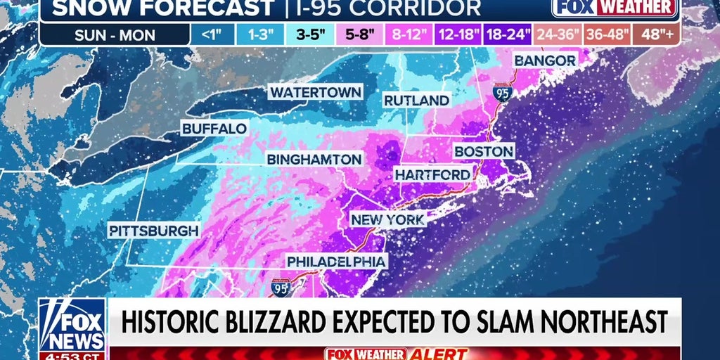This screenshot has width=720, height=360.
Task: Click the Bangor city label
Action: (x=546, y=60)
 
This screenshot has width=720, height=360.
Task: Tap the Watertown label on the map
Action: (x=316, y=92)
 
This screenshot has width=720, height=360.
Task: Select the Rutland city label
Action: (x=416, y=101)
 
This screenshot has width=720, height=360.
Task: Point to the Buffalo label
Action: (x=214, y=129)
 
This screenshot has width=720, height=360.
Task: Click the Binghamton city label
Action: (x=314, y=159)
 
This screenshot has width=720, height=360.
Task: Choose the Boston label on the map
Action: (x=484, y=151)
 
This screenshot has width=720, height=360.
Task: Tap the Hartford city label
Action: (x=432, y=174)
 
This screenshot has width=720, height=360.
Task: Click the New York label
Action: (x=388, y=220)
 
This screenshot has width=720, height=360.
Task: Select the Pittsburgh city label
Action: (x=154, y=230)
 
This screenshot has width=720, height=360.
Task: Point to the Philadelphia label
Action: (x=337, y=262)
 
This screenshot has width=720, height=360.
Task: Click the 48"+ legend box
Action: (x=655, y=33)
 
